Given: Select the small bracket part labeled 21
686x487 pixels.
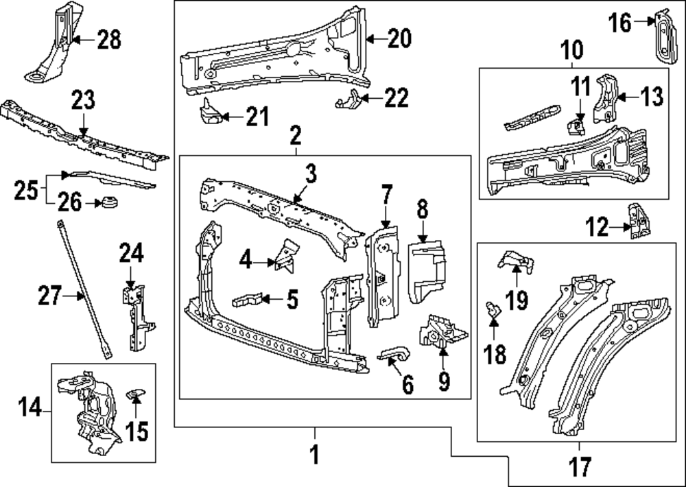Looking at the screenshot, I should pyautogui.click(x=211, y=112).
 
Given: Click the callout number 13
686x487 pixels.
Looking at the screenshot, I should pyautogui.click(x=652, y=97).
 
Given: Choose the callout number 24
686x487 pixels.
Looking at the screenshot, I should pyautogui.click(x=131, y=255).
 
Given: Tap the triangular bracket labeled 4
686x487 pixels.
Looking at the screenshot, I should pyautogui.click(x=287, y=254).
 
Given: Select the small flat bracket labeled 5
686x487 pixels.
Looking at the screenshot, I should pyautogui.click(x=249, y=300).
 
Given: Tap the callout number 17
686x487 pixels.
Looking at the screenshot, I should pyautogui.click(x=580, y=467).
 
